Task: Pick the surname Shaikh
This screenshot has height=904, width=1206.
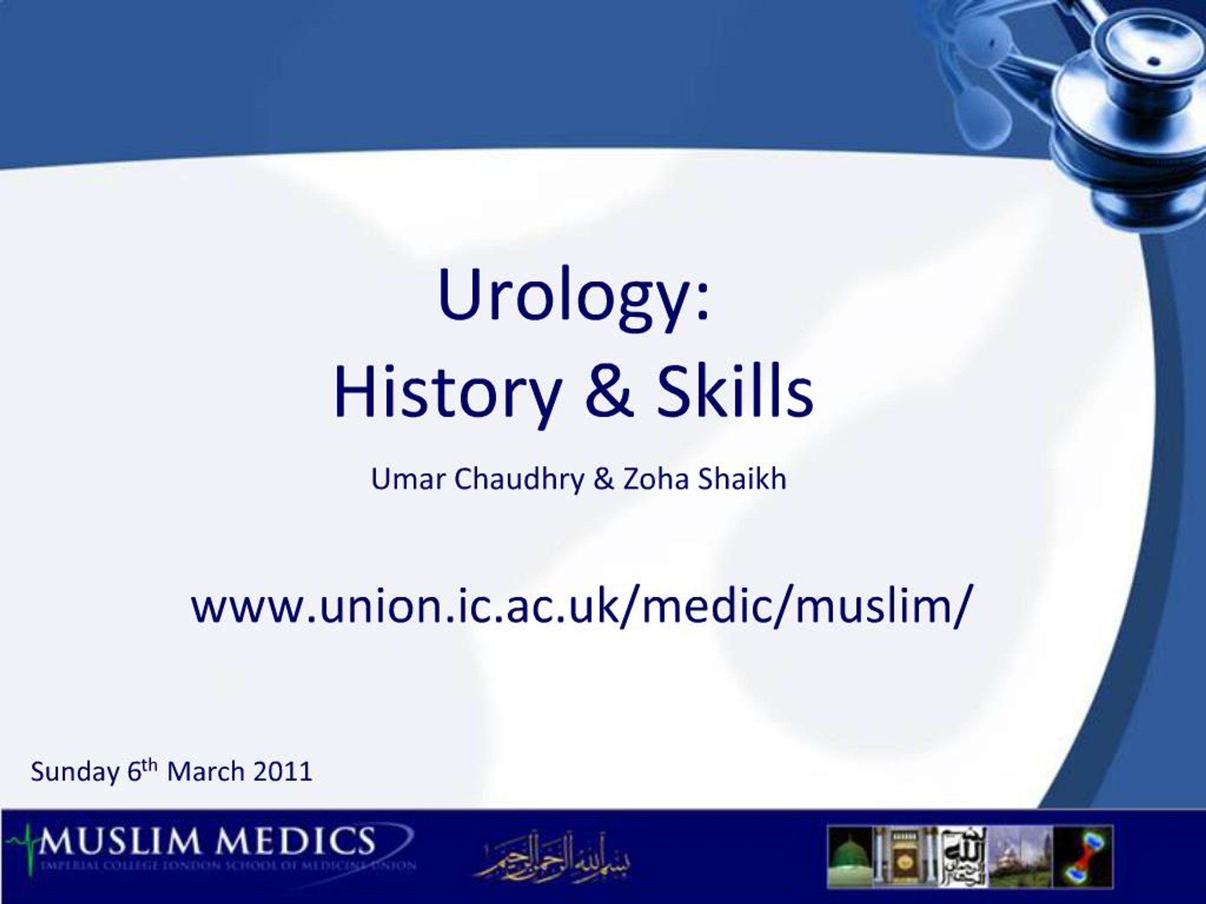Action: point(742,479)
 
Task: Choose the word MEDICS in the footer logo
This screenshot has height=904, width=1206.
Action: point(294,841)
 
